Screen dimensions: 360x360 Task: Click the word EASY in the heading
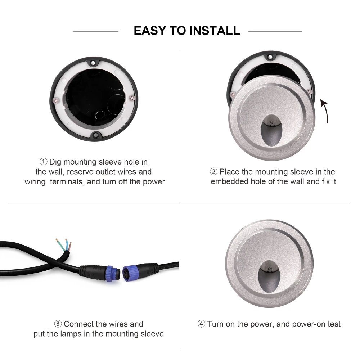click(x=150, y=31)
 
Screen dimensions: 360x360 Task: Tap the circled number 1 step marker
click(x=44, y=162)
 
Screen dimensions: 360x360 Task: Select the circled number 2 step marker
click(x=213, y=171)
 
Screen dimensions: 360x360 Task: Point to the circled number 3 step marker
click(x=58, y=324)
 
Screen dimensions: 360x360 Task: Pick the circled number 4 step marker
click(x=201, y=324)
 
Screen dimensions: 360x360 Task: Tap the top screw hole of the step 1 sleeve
click(x=93, y=62)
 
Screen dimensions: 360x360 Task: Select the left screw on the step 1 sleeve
click(x=56, y=100)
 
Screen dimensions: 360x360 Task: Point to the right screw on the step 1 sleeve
click(x=132, y=97)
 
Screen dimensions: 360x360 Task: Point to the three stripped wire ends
click(x=64, y=245)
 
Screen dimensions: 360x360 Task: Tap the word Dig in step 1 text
click(x=55, y=162)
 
